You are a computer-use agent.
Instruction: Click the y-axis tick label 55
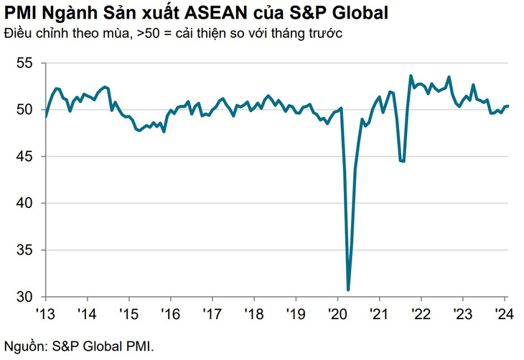click(x=24, y=63)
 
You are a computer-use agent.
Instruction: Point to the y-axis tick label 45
click(x=24, y=156)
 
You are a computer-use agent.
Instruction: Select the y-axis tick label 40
click(x=24, y=203)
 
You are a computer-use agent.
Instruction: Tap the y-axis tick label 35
click(x=24, y=250)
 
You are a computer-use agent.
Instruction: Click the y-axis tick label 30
click(x=24, y=297)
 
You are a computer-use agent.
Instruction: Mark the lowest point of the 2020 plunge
click(x=348, y=290)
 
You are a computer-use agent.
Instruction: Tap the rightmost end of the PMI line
click(x=508, y=106)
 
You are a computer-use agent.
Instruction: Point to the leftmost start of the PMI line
click(x=45, y=116)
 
